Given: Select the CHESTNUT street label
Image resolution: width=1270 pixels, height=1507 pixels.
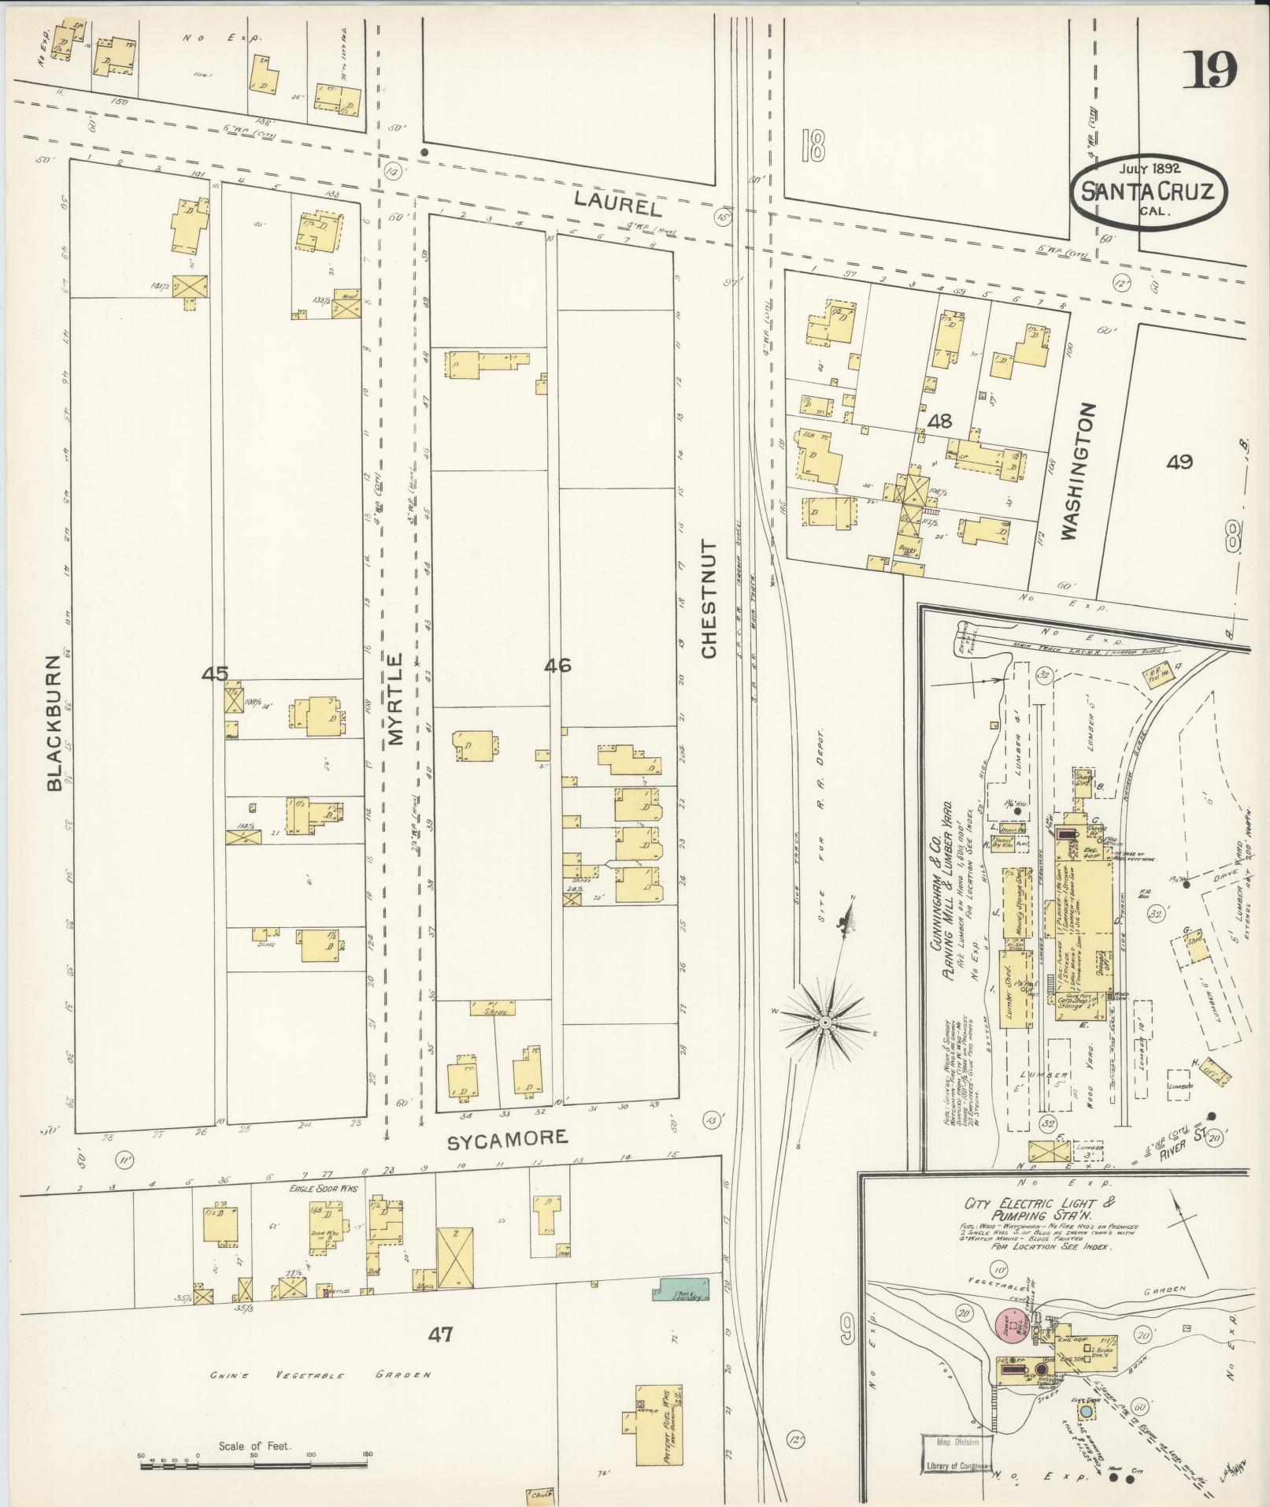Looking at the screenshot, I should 709,599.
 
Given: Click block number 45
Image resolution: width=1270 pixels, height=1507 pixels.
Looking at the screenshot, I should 214,674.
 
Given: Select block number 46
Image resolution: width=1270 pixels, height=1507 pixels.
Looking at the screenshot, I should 557,666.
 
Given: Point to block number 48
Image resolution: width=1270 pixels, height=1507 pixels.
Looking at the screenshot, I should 939,421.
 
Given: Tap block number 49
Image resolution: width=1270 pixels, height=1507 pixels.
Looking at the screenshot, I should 1179,462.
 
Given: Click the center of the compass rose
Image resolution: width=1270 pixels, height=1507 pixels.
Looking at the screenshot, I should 824,1022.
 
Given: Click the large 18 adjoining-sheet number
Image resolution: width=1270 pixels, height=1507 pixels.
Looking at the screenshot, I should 813,145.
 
